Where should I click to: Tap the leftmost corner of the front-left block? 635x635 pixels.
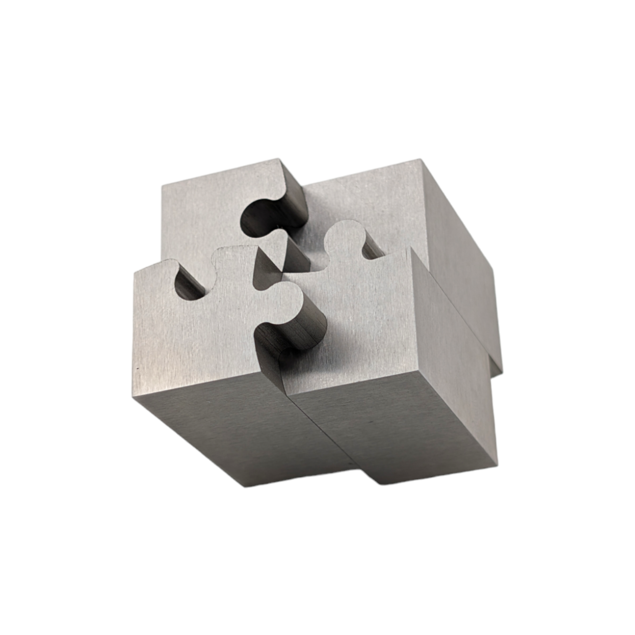tap(134, 273)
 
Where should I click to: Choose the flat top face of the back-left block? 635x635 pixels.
tap(202, 210)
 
